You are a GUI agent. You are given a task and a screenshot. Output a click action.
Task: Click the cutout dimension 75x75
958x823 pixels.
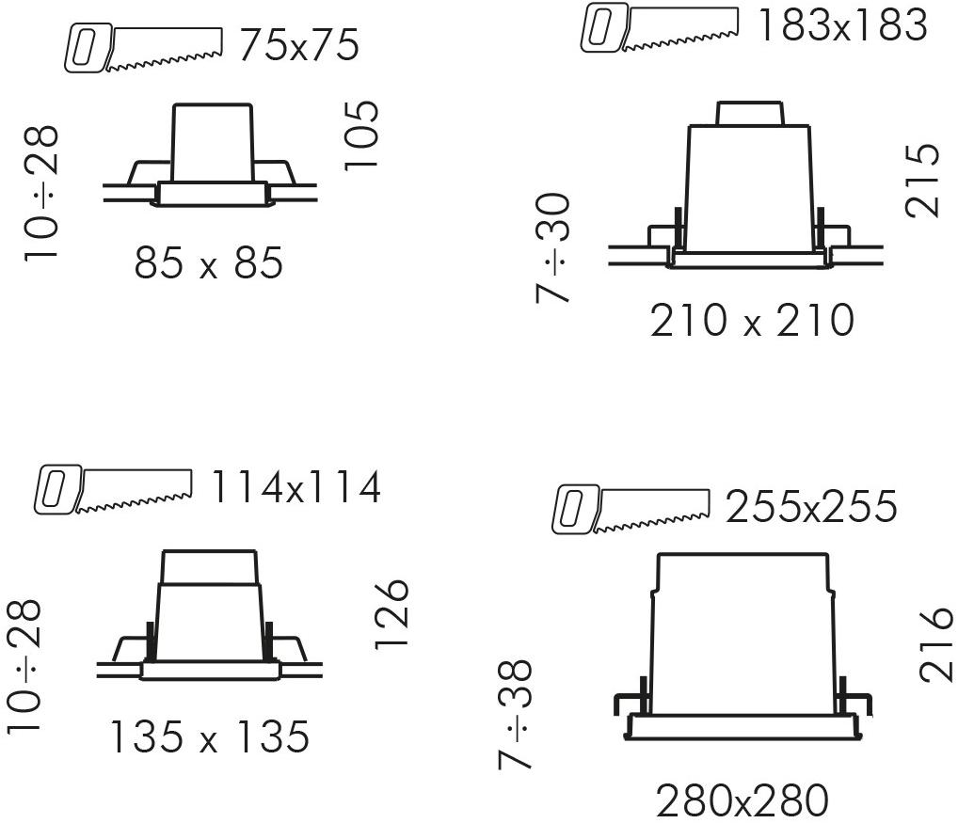click(x=298, y=45)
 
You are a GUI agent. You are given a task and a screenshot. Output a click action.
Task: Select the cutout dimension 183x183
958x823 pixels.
click(x=842, y=25)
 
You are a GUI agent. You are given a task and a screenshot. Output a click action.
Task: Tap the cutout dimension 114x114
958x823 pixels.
click(x=296, y=487)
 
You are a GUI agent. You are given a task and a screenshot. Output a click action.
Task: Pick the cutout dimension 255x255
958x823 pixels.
click(x=811, y=506)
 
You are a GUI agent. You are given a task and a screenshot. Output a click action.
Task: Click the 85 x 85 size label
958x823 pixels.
click(x=209, y=262)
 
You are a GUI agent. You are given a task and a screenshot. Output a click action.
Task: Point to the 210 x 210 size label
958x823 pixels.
click(x=752, y=320)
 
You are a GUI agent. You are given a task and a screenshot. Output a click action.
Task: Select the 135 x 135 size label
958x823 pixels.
click(x=210, y=736)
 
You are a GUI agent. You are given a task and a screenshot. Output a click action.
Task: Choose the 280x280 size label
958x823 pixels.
click(x=742, y=800)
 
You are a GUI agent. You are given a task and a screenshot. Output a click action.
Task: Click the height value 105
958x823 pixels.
click(x=361, y=135)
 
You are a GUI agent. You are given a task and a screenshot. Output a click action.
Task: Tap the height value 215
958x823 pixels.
click(x=921, y=180)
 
